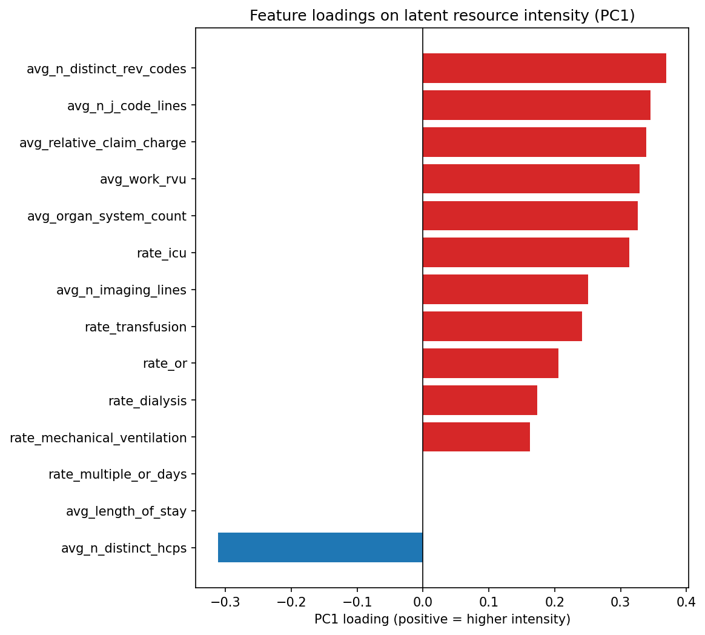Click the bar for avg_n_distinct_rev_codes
[544, 68]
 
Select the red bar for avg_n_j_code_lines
[536, 105]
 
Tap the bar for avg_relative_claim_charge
[534, 142]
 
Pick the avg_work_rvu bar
[531, 179]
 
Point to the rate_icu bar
[526, 253]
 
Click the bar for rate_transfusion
[502, 327]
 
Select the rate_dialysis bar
[480, 401]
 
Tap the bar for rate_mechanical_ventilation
[476, 437]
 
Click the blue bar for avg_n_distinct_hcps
[320, 548]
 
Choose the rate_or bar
[491, 364]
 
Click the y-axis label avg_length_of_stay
[126, 511]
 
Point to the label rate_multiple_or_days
[117, 474]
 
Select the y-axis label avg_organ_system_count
[107, 216]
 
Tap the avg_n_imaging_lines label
[121, 290]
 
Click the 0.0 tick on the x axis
[423, 602]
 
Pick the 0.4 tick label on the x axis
[686, 602]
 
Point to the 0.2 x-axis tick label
[554, 602]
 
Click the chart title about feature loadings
[442, 16]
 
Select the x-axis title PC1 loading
[442, 619]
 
